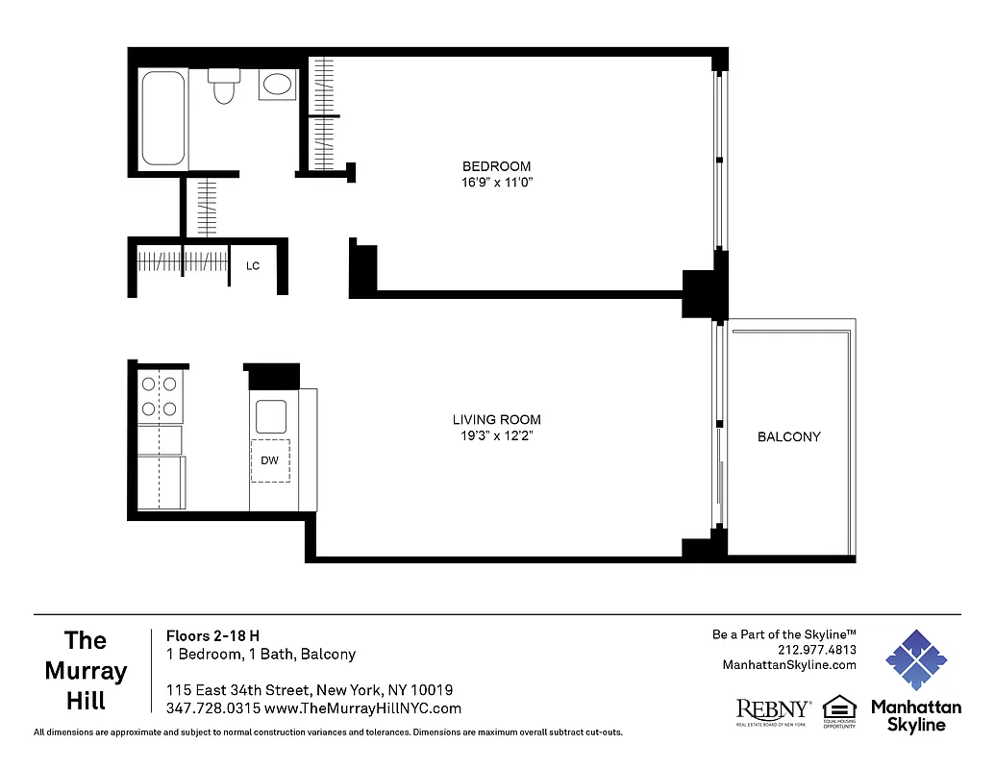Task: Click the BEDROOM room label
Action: point(496,166)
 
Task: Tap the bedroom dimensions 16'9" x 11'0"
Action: point(496,182)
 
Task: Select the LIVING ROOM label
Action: point(496,420)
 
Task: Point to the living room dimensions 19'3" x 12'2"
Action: point(496,435)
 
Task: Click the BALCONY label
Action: point(789,436)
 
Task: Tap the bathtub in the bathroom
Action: point(162,118)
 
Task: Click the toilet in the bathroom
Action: point(225,87)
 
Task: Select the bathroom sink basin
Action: point(277,85)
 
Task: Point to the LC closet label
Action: point(253,266)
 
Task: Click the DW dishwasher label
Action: point(270,460)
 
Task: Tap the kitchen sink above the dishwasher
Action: point(270,415)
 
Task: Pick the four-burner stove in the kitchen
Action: point(161,397)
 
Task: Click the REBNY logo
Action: point(773,709)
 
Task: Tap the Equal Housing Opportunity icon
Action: point(838,711)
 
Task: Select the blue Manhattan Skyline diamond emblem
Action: point(915,660)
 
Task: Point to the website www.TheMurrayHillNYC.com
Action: point(362,708)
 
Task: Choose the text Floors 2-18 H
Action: point(213,635)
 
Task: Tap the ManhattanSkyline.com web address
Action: point(788,665)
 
